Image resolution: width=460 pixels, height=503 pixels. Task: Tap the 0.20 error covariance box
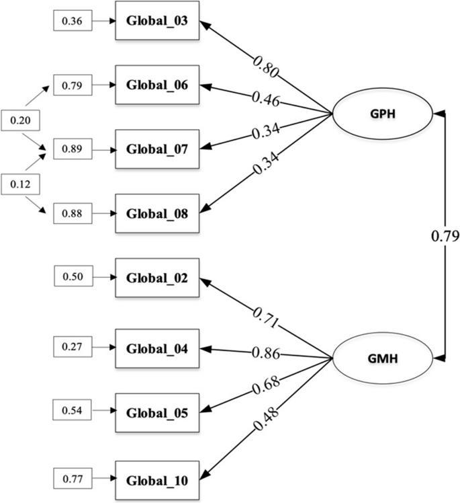coord(21,120)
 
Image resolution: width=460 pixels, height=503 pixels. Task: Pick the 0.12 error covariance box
coord(21,182)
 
